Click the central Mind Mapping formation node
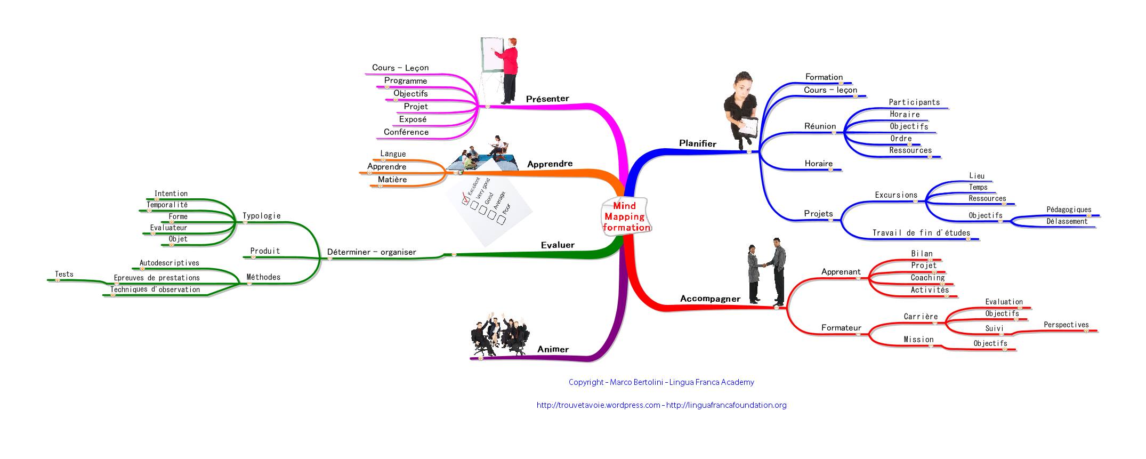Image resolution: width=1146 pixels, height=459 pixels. coord(626,216)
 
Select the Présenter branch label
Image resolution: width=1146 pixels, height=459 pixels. coord(547,99)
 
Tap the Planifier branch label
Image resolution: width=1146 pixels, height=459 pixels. coord(697,143)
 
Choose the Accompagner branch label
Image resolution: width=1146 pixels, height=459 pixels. coord(710,299)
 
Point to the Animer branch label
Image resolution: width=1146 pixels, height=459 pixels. coord(553,349)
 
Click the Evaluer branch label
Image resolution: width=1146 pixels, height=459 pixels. coord(558,245)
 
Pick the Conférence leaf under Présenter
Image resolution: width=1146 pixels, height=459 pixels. coord(406,132)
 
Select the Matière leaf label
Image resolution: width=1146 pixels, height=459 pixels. coord(392,179)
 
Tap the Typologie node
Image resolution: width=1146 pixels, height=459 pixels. coord(261,216)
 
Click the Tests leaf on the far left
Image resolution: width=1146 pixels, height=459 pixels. coord(64,274)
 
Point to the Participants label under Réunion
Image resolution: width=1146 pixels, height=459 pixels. coord(914,102)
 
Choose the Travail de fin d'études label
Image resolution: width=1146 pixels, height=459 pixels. coord(921,232)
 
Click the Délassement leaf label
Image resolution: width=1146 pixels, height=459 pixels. coord(1067,221)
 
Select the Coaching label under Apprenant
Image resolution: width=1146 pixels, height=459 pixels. coord(927,277)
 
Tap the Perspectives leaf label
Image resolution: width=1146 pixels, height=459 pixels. coord(1066,325)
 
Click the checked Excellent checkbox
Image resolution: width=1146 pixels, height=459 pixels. coord(465,201)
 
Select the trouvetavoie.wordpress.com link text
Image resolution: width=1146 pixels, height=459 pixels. coord(598,405)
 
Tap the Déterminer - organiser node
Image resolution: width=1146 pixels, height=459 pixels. coord(372,252)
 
